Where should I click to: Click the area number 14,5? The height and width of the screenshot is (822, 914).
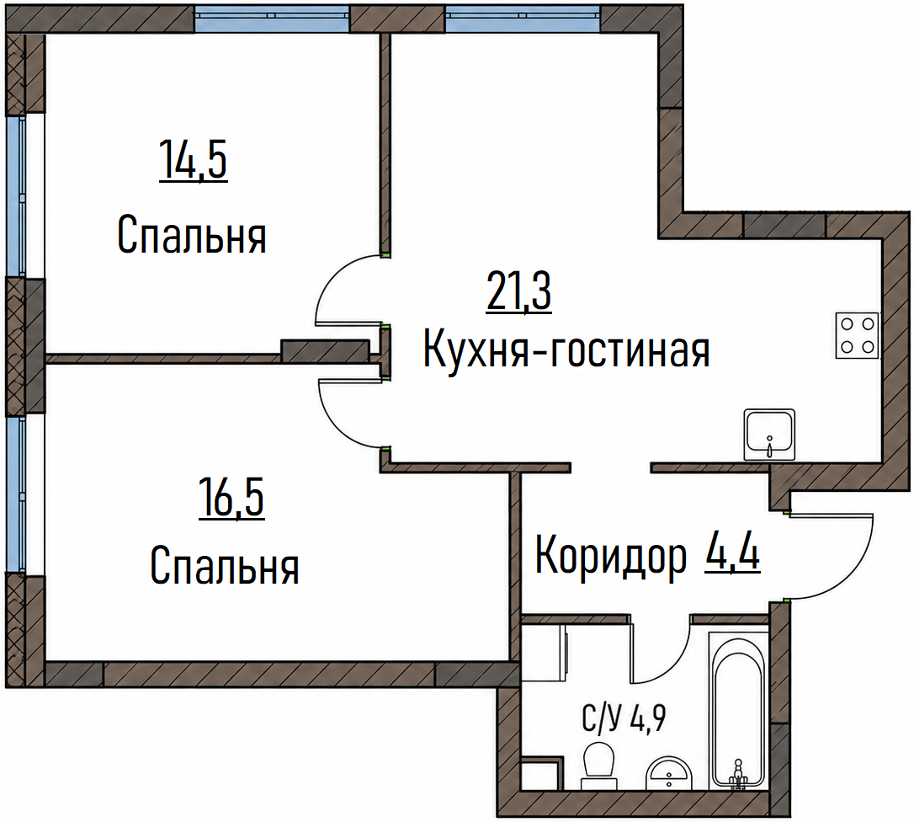(x=193, y=160)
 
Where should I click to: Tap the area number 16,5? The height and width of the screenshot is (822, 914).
(x=231, y=497)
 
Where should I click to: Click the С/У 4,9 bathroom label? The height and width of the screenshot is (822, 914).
(x=624, y=718)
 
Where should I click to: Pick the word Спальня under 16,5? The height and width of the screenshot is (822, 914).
(x=225, y=565)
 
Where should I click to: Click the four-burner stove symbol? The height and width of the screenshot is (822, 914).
(x=857, y=335)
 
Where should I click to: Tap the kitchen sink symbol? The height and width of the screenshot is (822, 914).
(x=769, y=435)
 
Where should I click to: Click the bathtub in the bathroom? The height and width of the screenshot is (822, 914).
(x=739, y=708)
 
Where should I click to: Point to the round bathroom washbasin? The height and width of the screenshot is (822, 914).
(x=668, y=774)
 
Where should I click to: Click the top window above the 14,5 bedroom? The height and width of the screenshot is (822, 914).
(x=272, y=18)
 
